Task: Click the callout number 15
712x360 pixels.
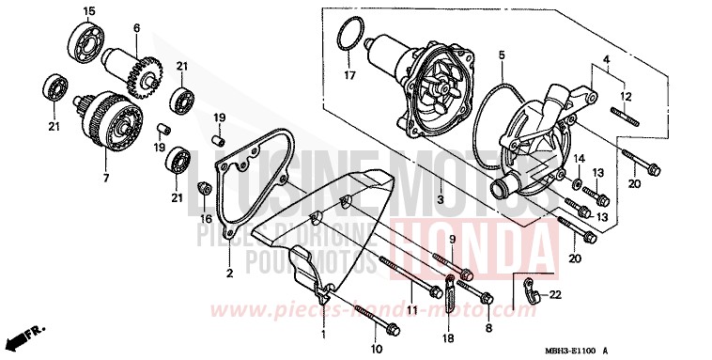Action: (89, 11)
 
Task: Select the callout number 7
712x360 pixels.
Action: (104, 178)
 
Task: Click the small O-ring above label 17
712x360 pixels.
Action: (350, 35)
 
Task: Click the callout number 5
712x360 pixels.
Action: (502, 55)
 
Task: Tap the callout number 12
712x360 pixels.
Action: (627, 95)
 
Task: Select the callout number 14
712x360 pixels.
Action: (580, 158)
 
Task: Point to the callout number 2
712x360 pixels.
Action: (228, 274)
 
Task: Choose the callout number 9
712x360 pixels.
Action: (451, 241)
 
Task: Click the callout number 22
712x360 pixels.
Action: (555, 295)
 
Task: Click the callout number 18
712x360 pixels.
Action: (448, 337)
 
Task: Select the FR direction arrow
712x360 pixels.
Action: (25, 336)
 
